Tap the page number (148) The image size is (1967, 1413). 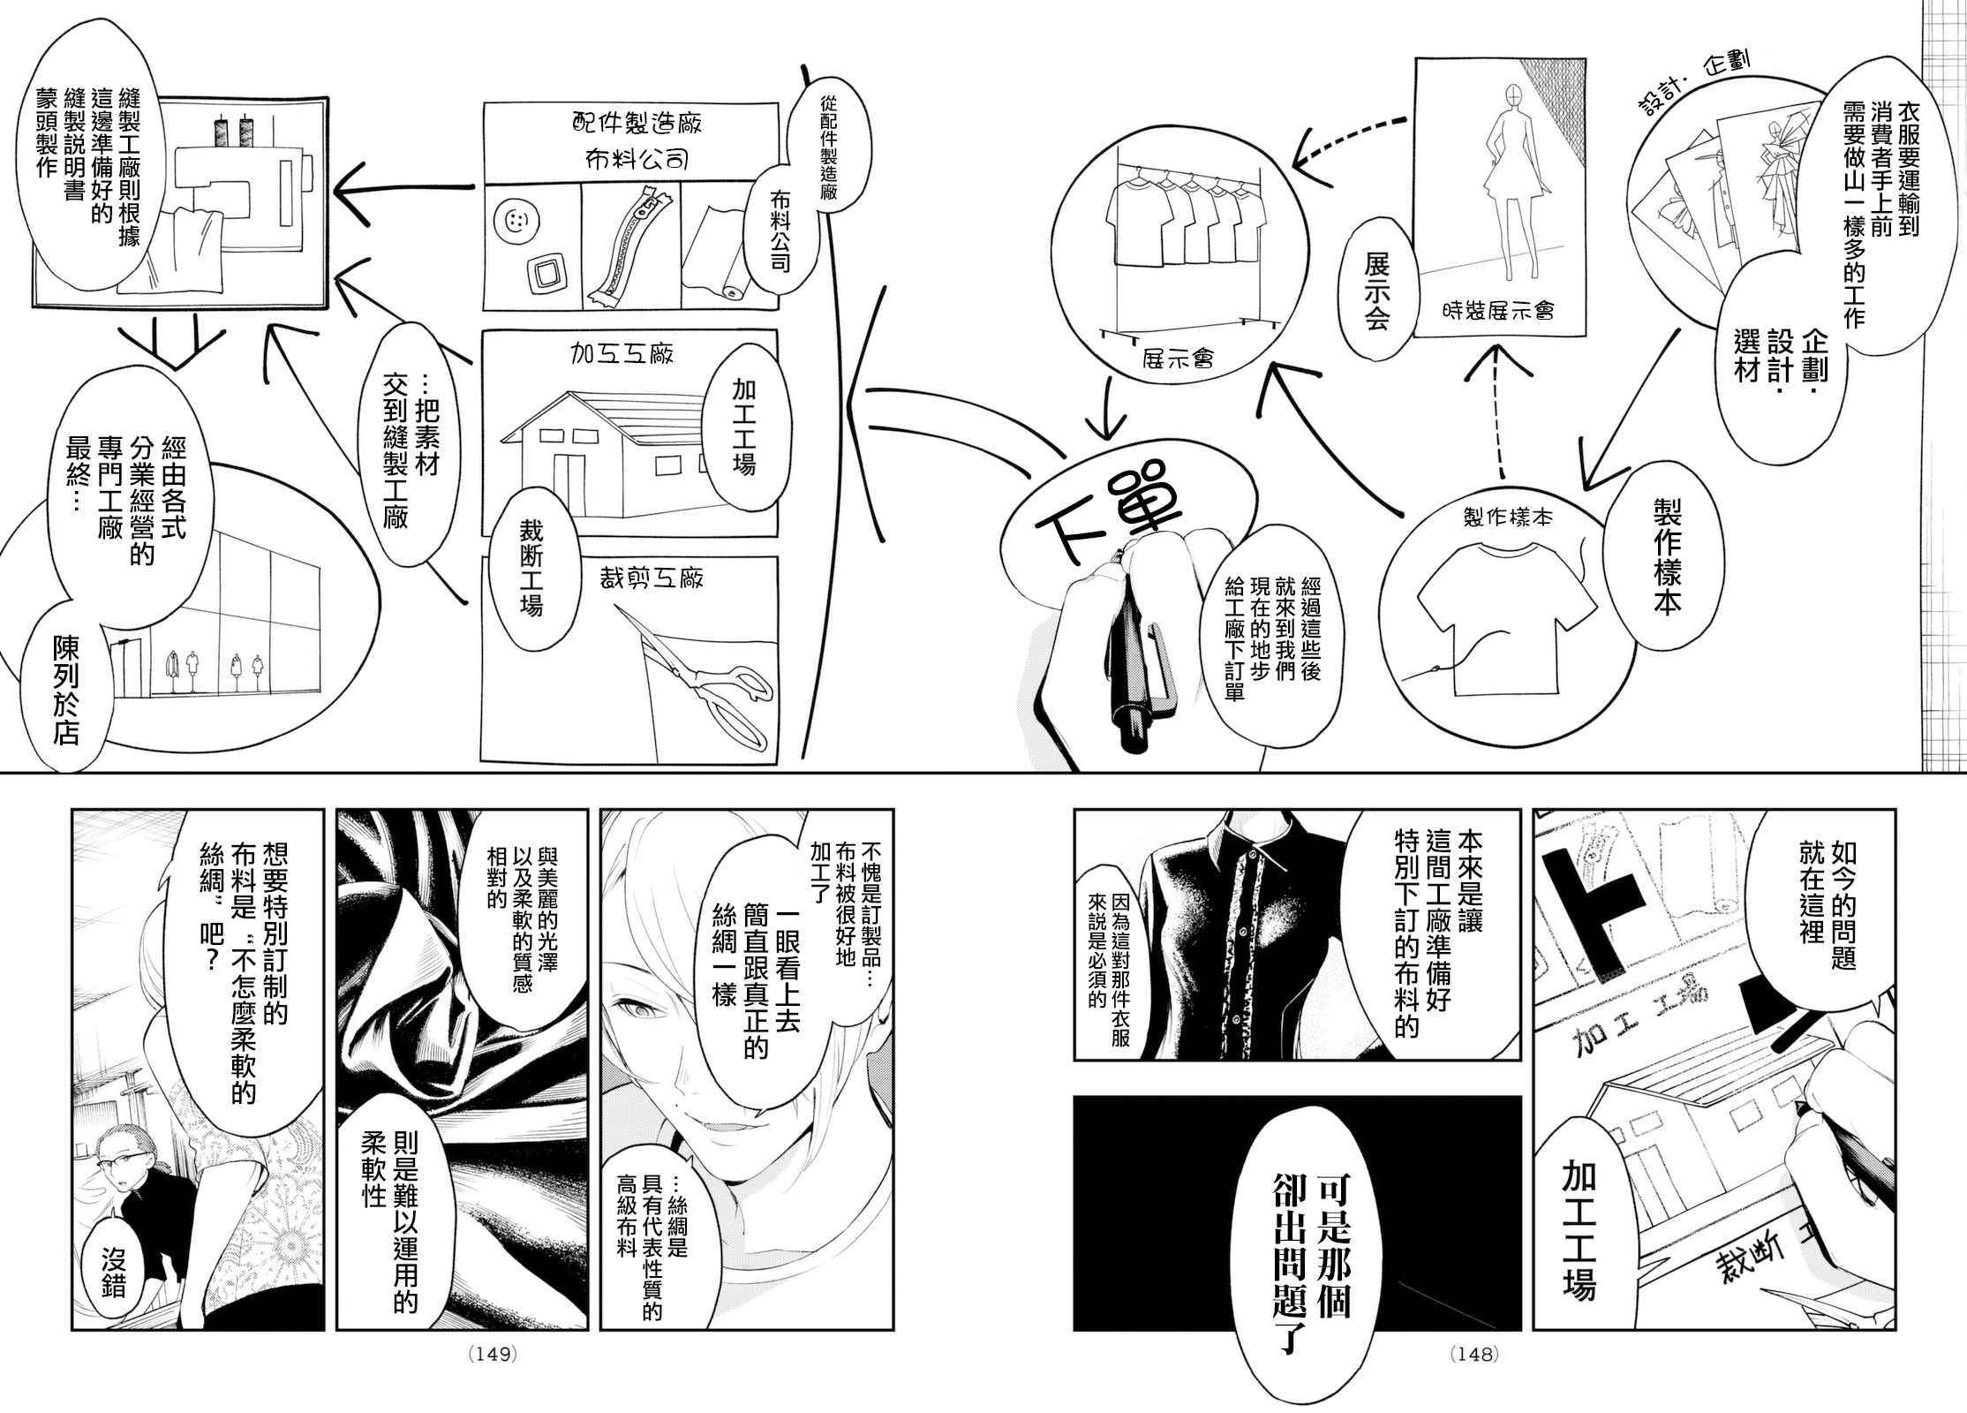[x=1473, y=1379]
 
